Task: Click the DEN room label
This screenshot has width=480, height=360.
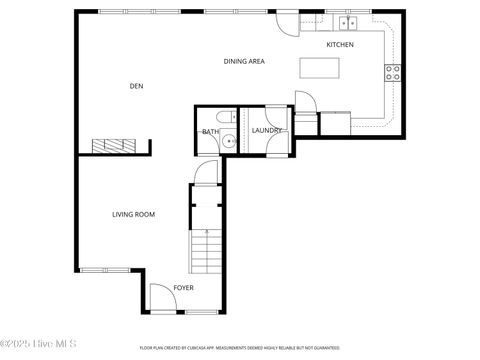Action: (136, 87)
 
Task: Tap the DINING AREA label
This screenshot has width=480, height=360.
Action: (243, 62)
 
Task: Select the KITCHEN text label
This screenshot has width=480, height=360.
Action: (340, 45)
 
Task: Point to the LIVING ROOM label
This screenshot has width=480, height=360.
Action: (132, 214)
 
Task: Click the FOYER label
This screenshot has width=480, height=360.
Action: (183, 288)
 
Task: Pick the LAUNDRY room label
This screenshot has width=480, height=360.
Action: (266, 131)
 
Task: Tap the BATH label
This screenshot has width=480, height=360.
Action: (210, 132)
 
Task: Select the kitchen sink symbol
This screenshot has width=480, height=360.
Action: (348, 21)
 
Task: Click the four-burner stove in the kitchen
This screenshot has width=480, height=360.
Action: (393, 72)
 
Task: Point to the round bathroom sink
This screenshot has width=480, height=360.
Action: (229, 142)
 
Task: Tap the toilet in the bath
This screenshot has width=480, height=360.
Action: (228, 116)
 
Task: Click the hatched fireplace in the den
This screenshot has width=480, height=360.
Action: (112, 146)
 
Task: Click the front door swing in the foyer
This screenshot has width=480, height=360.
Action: (161, 297)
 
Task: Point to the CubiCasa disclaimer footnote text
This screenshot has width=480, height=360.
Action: (239, 348)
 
